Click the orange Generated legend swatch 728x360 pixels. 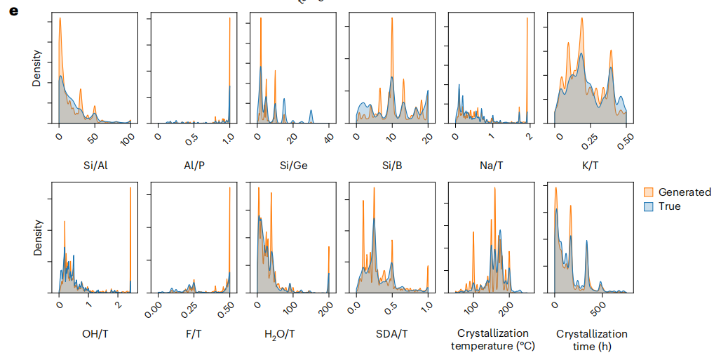(649, 192)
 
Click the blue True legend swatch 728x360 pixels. (649, 206)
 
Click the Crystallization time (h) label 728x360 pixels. (591, 340)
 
